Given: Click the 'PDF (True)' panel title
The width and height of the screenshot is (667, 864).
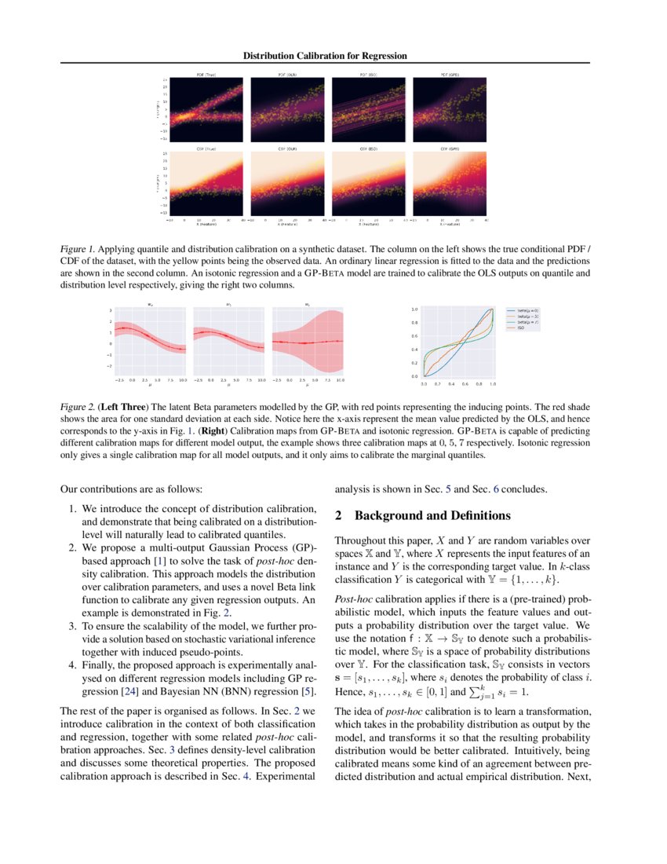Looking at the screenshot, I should pyautogui.click(x=206, y=75).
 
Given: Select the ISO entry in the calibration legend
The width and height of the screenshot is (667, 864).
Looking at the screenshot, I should pyautogui.click(x=520, y=327).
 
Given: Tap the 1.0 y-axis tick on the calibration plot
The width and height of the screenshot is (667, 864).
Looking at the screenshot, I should pyautogui.click(x=415, y=310).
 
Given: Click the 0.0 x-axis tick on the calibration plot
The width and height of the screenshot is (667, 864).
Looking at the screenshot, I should pyautogui.click(x=424, y=384).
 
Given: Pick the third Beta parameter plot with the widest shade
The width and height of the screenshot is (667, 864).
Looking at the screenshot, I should pyautogui.click(x=308, y=343).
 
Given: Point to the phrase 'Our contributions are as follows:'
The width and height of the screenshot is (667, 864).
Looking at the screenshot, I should pyautogui.click(x=125, y=489).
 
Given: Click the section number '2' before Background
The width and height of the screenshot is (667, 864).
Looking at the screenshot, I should pyautogui.click(x=338, y=516).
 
